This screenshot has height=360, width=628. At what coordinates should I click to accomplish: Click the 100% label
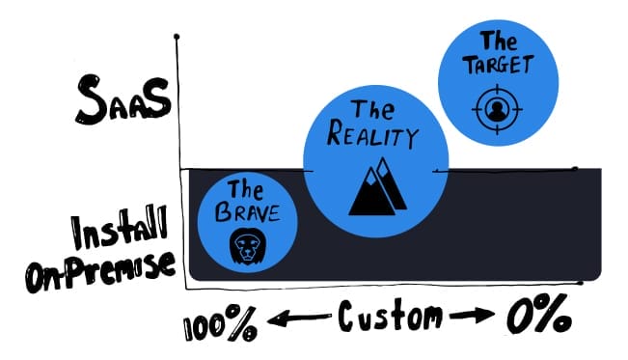click(219, 325)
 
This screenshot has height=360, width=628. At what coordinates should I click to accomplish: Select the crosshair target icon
click(495, 107)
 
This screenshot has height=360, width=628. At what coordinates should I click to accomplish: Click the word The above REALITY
click(372, 109)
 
